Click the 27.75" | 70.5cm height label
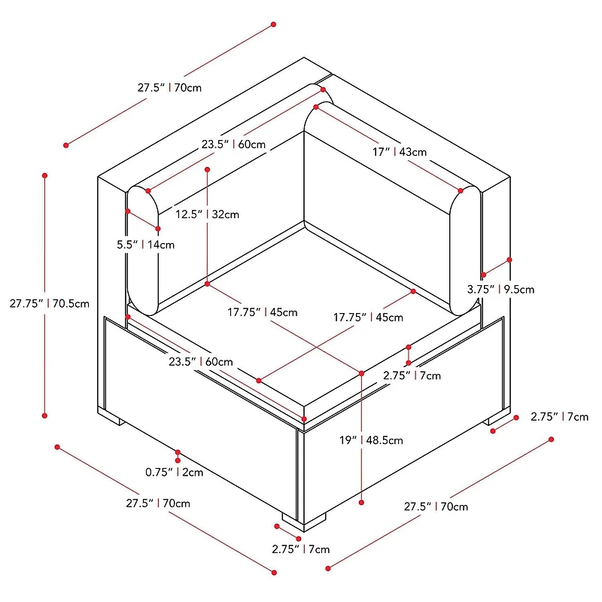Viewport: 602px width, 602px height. [x=50, y=304]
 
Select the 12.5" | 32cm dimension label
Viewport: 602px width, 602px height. [x=207, y=214]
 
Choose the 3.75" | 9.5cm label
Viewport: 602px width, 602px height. [x=500, y=289]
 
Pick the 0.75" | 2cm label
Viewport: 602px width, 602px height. [x=175, y=473]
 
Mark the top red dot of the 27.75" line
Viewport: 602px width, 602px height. [x=45, y=175]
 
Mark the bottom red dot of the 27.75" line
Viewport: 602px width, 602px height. [x=45, y=415]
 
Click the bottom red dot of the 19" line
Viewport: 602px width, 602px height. [x=362, y=503]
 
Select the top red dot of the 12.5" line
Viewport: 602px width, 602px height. [x=207, y=170]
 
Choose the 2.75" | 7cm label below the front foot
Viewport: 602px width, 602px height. [x=300, y=549]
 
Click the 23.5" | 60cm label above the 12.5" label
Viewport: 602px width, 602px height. [x=233, y=144]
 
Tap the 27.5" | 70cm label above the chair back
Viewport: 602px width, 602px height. [x=169, y=87]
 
